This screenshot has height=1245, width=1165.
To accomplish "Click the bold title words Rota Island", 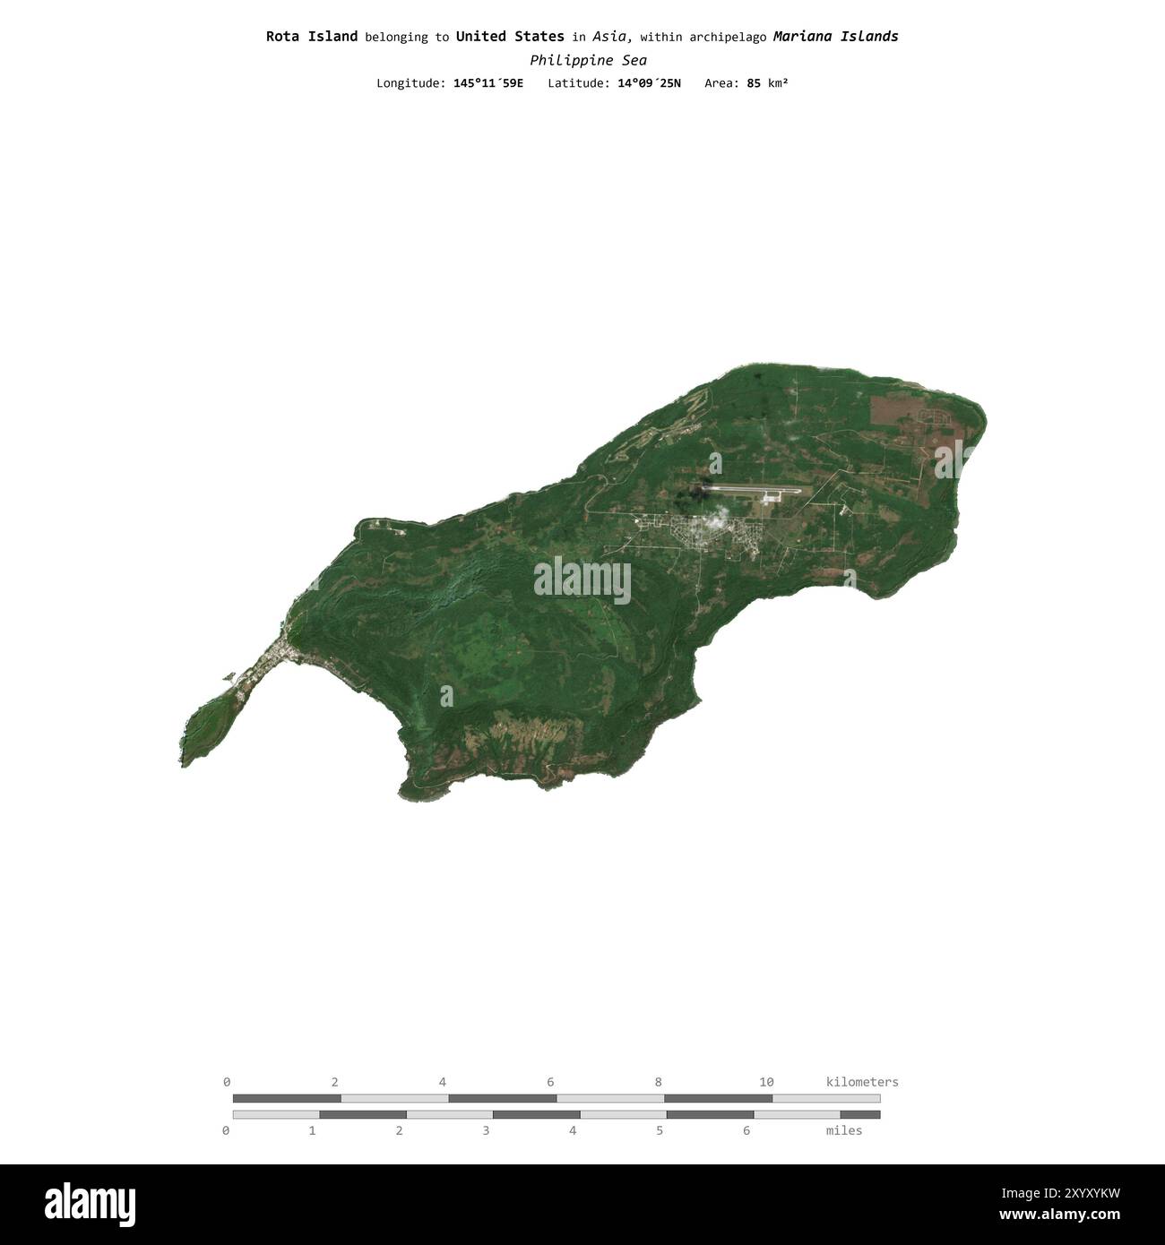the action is click(311, 37).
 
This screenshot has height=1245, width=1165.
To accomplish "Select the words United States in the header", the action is click(510, 37).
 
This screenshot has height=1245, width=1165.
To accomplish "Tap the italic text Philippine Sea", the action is click(588, 60).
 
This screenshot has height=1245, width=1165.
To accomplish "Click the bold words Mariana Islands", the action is click(835, 37).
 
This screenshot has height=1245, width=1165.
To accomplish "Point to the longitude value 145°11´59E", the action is click(488, 83).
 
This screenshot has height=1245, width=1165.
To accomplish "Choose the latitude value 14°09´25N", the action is click(649, 83).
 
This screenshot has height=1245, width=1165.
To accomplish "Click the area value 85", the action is click(754, 83).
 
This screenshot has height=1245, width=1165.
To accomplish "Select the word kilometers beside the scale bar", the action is click(861, 1082).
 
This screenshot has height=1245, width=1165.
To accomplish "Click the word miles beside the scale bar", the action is click(844, 1130).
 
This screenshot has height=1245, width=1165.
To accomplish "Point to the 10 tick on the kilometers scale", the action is click(766, 1082).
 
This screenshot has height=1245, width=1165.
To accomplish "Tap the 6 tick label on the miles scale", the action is click(746, 1130).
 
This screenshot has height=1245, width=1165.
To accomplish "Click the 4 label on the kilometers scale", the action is click(443, 1082).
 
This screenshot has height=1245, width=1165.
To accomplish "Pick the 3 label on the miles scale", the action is click(486, 1130).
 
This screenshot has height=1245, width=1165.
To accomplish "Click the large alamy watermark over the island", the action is click(582, 580).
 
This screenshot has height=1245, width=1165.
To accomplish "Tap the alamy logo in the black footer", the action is click(90, 1204).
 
